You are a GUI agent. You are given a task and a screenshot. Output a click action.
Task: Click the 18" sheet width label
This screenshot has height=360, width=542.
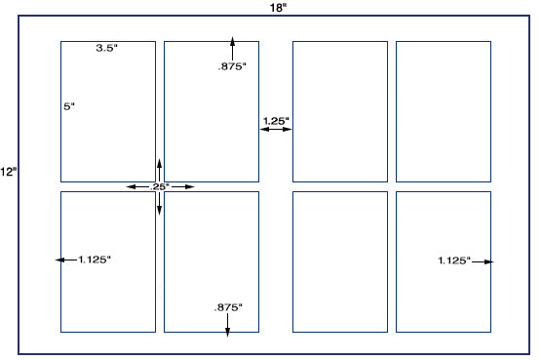click(x=278, y=8)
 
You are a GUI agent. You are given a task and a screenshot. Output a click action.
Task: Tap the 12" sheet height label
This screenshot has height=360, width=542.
click(x=9, y=172)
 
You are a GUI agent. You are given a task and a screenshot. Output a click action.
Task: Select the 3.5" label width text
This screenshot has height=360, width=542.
click(x=107, y=48)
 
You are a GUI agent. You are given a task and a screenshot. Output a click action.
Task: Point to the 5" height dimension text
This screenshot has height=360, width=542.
click(x=69, y=106)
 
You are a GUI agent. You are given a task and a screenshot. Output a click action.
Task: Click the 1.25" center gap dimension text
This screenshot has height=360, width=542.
click(x=276, y=121)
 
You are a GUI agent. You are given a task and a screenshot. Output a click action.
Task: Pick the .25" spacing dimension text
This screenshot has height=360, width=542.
click(x=159, y=186)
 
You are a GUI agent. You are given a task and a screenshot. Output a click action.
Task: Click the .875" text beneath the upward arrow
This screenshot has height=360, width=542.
click(x=232, y=66)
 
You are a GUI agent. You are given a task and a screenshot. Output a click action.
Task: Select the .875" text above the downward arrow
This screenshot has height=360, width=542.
click(x=228, y=307)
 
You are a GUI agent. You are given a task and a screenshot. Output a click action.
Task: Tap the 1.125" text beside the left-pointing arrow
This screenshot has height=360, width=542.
click(x=95, y=260)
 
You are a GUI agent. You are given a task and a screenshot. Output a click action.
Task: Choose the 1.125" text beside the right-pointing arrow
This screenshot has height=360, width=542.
click(x=454, y=260)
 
